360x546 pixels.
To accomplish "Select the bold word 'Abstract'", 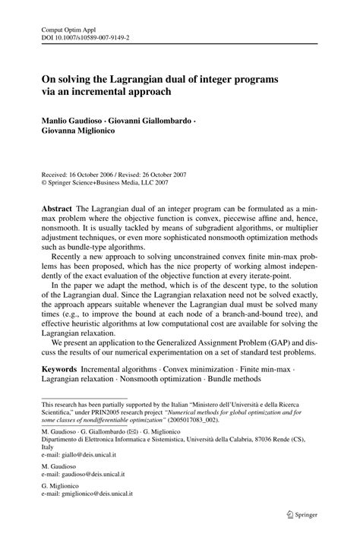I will click(x=57, y=208).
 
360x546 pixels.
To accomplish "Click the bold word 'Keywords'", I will click(x=59, y=367).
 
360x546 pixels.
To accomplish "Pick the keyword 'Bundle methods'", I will click(x=230, y=377).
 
